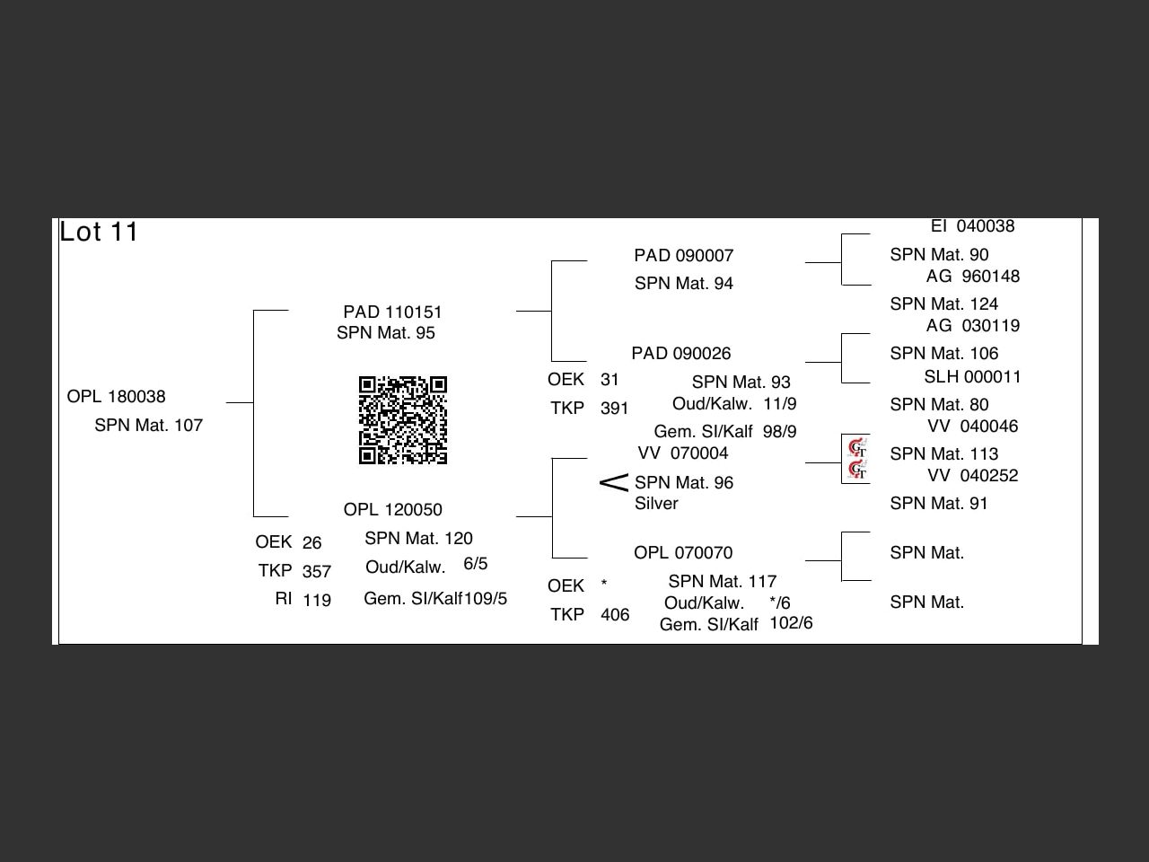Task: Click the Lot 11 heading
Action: click(99, 232)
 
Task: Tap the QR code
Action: click(403, 420)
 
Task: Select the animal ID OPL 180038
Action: click(117, 397)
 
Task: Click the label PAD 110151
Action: click(392, 312)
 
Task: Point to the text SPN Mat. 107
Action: click(149, 426)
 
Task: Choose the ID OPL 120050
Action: click(392, 510)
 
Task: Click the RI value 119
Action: click(317, 600)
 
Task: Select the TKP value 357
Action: click(317, 571)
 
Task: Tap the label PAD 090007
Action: click(683, 256)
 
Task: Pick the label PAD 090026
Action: click(680, 354)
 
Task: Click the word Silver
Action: click(656, 504)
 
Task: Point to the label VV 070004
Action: click(683, 453)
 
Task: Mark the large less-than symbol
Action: click(614, 483)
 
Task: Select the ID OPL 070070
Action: click(683, 553)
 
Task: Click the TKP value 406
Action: click(615, 615)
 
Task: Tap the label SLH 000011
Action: click(972, 377)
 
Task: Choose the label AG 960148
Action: click(973, 277)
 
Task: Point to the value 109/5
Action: click(486, 599)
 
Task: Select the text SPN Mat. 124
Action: click(944, 304)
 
